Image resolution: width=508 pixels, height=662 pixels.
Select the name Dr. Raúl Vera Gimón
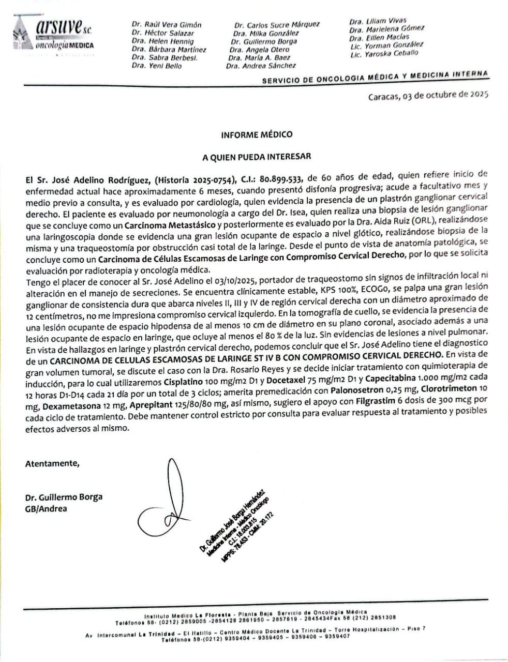coord(166,24)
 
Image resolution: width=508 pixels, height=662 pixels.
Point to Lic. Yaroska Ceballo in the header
coord(384,54)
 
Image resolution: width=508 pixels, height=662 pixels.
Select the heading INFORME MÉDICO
coord(257,134)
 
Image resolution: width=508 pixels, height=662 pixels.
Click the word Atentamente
coord(52,463)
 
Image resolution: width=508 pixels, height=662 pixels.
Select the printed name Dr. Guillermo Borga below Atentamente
coord(64,497)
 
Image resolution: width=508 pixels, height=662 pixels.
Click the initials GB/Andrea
coord(46,508)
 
